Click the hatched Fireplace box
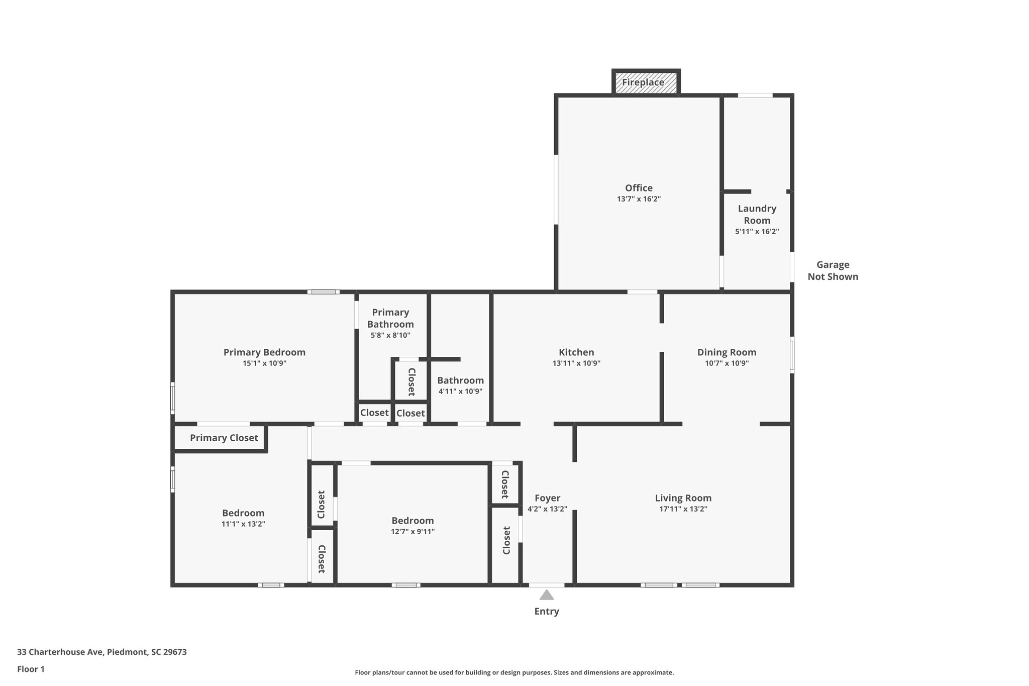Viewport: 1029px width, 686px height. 646,82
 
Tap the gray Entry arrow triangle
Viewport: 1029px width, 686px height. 547,596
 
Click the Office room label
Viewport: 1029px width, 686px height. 639,188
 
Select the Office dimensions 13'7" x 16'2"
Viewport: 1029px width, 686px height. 639,199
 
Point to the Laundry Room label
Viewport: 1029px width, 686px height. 757,215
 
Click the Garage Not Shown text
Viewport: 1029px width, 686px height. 833,270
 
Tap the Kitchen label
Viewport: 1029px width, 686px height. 576,352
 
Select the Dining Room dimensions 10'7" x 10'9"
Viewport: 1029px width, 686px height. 727,363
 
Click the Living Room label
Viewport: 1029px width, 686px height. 683,498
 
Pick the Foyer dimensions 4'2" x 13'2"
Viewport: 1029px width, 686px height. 547,509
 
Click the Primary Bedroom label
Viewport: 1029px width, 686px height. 264,352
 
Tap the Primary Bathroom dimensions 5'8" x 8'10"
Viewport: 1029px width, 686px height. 390,335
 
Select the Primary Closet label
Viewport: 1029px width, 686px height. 224,438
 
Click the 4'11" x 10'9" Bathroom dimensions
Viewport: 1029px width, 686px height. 460,391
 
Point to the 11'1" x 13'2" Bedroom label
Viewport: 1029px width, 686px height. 243,513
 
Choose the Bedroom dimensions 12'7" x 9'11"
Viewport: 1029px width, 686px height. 413,532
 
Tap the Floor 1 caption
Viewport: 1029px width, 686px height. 31,669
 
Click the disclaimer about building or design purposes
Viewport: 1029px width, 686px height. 514,672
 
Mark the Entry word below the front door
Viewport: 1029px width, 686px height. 547,612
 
